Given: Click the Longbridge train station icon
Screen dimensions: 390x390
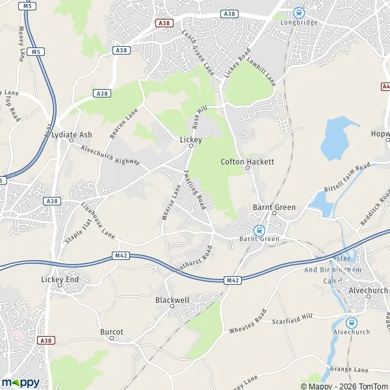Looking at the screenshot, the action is (x=298, y=12).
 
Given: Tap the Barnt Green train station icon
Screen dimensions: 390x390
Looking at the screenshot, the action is (x=259, y=229).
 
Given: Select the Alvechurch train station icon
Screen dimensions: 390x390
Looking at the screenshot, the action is (x=352, y=322).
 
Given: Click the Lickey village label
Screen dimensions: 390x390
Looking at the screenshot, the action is (x=190, y=140).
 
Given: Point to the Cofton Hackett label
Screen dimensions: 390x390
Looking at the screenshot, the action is (x=248, y=161).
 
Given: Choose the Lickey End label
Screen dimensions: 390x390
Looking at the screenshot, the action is (x=60, y=279).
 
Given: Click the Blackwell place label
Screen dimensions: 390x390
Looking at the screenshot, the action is (x=172, y=300).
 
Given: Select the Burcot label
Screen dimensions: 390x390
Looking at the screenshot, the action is (x=112, y=332).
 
